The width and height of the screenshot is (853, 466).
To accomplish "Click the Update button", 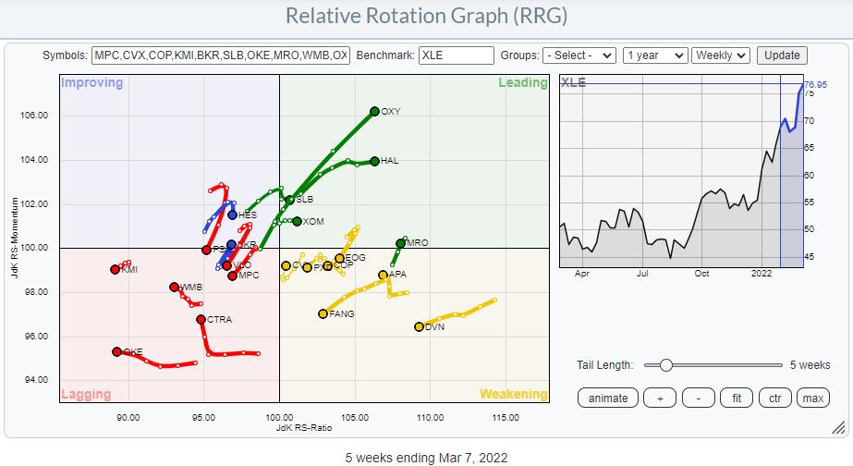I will [782, 55].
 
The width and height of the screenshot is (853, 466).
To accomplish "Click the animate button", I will [608, 399].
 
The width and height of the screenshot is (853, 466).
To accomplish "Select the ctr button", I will [774, 399].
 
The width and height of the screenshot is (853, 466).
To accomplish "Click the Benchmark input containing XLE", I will [456, 55].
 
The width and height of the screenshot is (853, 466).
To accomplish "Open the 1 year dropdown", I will [655, 55].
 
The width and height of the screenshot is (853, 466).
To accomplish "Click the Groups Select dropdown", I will [579, 55].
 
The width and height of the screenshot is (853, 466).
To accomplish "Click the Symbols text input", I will [221, 55].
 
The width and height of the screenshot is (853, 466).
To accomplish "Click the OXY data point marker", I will [374, 111].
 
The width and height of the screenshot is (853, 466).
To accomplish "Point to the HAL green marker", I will [374, 161].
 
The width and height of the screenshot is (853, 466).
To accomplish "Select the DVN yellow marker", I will [419, 326].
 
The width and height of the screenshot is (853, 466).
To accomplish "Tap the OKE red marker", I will [116, 351].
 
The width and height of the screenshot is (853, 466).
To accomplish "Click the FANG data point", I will [323, 314].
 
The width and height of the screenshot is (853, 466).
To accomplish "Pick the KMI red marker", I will [115, 270].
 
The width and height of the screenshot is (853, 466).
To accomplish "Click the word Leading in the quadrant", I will [522, 83].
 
